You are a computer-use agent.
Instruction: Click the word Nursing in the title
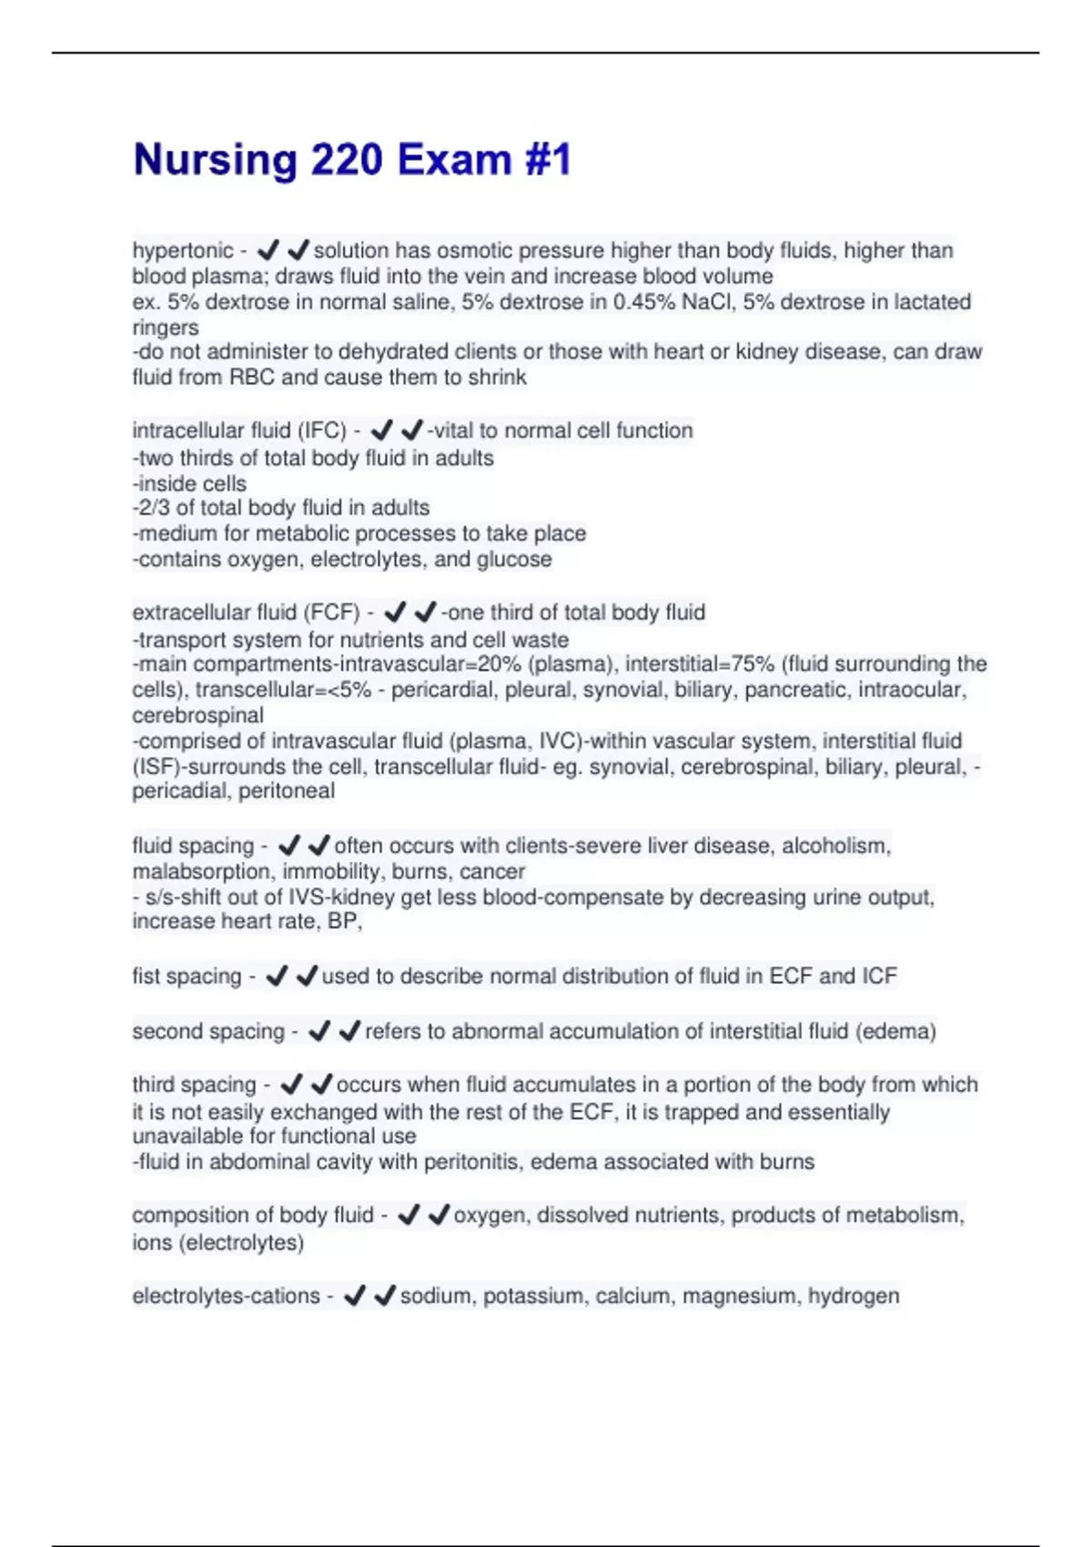point(215,160)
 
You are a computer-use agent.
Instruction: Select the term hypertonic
point(183,250)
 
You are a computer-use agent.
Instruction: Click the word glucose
point(514,559)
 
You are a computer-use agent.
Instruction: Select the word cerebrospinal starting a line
point(198,715)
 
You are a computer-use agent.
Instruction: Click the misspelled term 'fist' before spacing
point(146,976)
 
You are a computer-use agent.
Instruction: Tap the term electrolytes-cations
point(226,1296)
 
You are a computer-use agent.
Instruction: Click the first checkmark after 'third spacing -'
point(291,1085)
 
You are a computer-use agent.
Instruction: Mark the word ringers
point(166,327)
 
